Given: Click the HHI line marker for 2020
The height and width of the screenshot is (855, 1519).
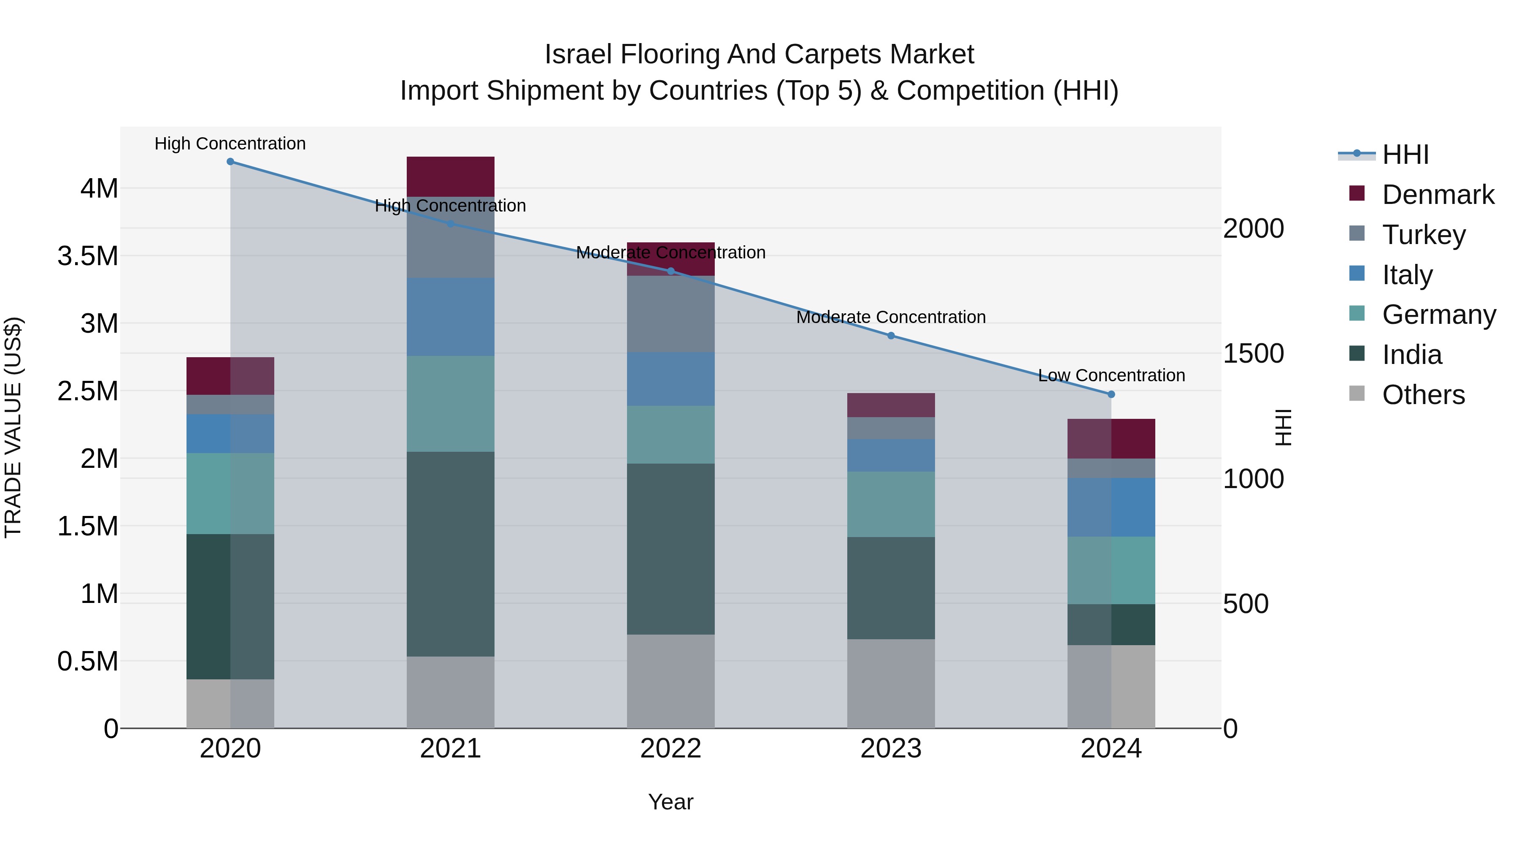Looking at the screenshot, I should point(230,162).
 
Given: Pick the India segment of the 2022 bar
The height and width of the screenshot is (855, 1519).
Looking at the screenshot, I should point(670,549).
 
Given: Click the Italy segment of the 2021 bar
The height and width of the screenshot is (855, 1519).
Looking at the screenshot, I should point(451,317).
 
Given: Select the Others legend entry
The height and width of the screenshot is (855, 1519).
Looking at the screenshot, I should point(1423,395).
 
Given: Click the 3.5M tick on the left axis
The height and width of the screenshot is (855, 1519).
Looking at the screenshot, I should point(88,257).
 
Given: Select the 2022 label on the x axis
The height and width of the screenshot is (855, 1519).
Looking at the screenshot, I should point(670,749).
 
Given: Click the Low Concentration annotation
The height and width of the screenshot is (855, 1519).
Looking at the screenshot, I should point(1111,375).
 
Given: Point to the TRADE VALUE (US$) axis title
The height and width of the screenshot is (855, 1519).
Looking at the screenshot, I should point(14,427).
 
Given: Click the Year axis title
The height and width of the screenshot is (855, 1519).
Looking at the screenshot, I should point(670,802).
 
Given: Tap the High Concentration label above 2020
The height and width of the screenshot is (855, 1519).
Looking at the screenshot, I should point(230,144).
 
